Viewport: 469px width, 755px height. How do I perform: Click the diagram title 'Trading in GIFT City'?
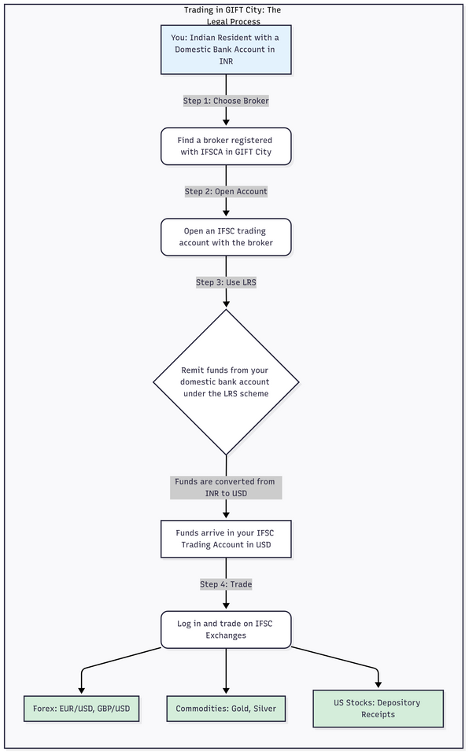232,10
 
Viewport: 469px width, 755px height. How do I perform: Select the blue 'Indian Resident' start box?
226,49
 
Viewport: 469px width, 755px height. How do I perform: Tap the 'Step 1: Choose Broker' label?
226,101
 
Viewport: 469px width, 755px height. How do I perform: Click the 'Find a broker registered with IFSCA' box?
226,146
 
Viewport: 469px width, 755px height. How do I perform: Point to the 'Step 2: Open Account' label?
226,191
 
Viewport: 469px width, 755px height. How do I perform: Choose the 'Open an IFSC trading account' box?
226,237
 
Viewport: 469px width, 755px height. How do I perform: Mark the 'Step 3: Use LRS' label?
226,282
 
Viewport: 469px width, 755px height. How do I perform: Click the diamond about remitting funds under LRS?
226,381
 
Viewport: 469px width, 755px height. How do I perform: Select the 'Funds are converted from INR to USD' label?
226,487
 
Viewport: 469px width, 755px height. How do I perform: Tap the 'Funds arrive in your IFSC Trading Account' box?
226,539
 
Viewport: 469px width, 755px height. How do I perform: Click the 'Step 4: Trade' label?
226,584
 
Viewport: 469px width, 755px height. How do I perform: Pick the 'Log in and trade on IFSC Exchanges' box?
226,629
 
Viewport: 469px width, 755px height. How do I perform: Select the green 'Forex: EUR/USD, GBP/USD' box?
82,709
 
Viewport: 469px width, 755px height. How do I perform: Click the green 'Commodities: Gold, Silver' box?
226,709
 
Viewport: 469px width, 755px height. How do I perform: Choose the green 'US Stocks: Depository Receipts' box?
378,708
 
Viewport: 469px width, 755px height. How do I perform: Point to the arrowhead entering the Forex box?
82,691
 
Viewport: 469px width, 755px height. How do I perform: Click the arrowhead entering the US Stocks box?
378,684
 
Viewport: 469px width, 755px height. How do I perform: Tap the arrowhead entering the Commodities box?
226,691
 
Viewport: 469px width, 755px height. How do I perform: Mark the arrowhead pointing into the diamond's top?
226,304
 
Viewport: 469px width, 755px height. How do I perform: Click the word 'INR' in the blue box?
226,61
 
